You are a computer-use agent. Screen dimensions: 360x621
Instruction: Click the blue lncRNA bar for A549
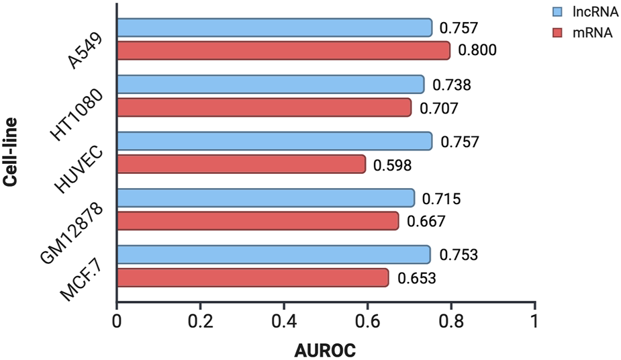point(275,28)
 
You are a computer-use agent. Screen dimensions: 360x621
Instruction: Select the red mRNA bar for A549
point(283,50)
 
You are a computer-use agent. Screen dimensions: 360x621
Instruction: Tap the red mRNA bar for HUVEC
point(241,164)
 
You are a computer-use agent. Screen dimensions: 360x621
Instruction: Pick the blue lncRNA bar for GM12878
point(266,198)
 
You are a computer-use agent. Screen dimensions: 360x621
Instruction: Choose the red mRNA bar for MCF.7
point(252,277)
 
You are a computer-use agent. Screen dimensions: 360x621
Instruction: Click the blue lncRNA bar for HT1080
point(271,85)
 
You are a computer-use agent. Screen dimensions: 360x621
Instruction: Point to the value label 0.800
point(477,50)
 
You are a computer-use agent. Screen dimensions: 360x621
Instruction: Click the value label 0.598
point(393,165)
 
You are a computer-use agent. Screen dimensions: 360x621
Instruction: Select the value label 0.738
point(451,85)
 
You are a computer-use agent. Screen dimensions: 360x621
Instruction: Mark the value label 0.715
point(442,199)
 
